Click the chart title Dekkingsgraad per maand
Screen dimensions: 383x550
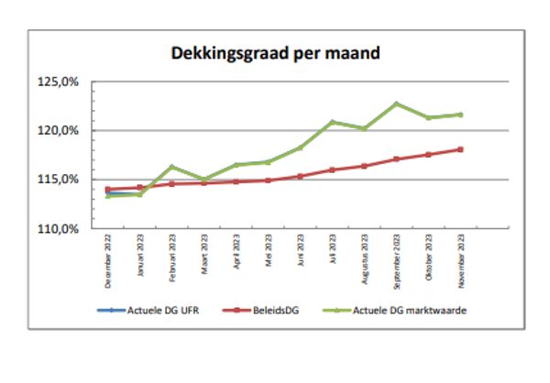(275, 54)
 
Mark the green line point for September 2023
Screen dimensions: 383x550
(396, 104)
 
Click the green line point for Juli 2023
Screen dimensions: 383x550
(332, 122)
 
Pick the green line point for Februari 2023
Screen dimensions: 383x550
(171, 167)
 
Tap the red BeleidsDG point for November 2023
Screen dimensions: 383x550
(460, 149)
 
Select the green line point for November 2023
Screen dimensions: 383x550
(460, 115)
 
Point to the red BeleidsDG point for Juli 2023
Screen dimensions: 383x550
(332, 170)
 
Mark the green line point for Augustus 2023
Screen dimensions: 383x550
(364, 128)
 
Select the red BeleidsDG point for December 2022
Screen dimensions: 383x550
(107, 190)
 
